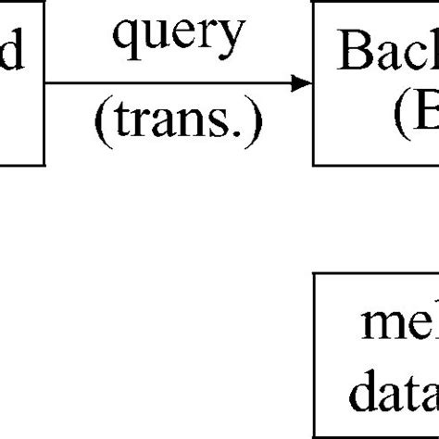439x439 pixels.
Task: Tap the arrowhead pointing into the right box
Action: coord(302,83)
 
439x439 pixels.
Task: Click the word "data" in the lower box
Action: coord(393,415)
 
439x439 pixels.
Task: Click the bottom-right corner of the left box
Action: coord(44,165)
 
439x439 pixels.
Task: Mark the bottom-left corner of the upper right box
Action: coord(314,165)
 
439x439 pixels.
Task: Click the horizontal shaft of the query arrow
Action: coord(167,83)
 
